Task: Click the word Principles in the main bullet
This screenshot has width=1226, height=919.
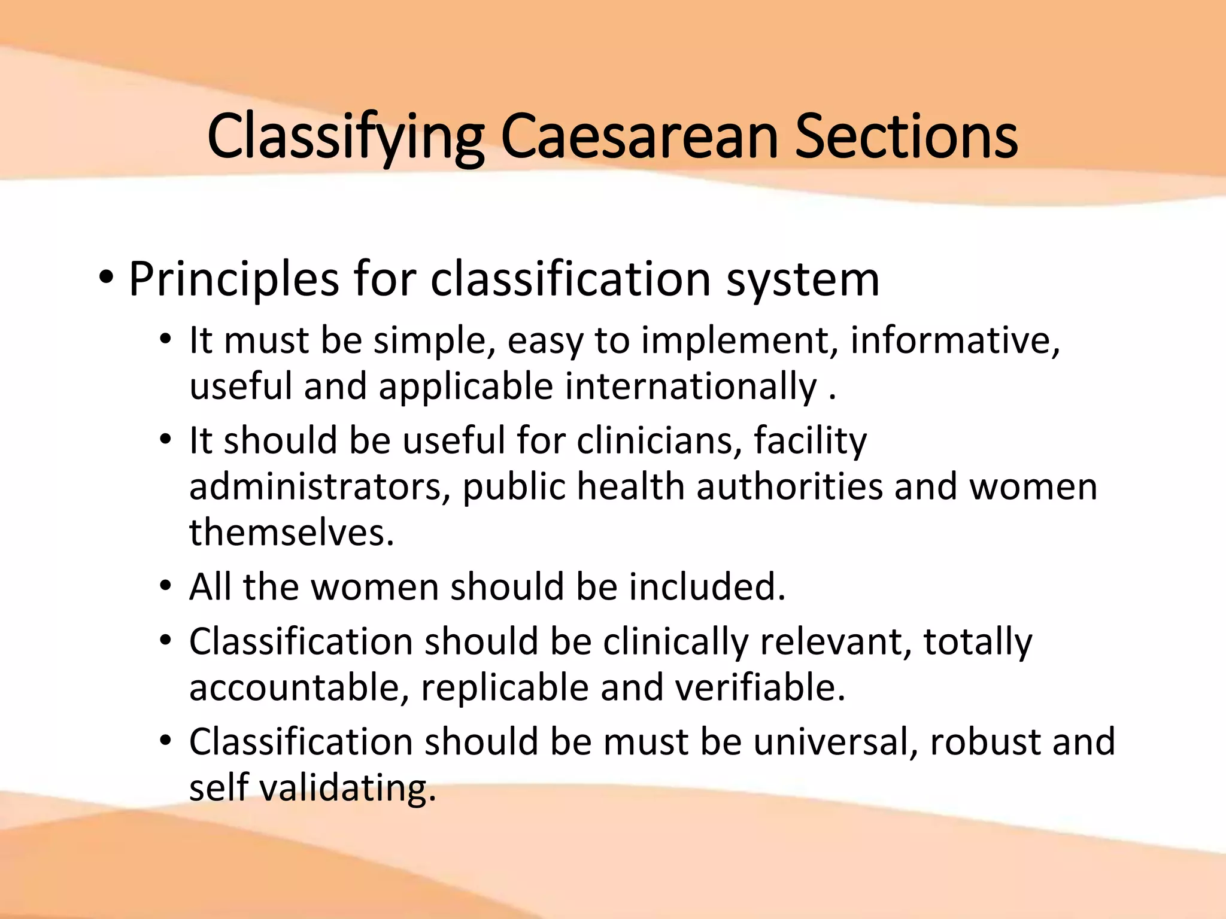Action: point(234,279)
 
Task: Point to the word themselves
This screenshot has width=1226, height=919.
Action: point(292,532)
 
